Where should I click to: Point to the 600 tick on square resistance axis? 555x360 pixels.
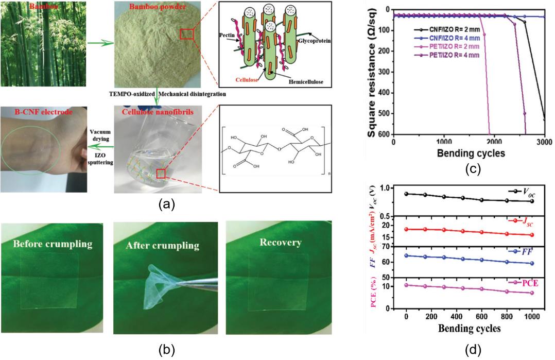tap(384, 134)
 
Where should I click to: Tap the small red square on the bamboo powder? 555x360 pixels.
tap(187, 35)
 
